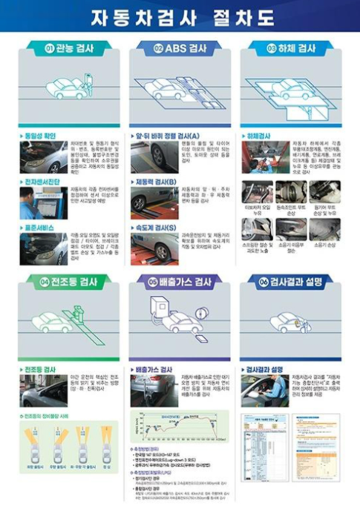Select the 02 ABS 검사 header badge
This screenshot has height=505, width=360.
(x=179, y=48)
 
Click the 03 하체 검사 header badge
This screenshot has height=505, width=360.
(x=290, y=48)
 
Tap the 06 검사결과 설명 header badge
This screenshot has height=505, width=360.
(x=290, y=283)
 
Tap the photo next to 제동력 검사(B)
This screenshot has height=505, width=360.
(x=154, y=202)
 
